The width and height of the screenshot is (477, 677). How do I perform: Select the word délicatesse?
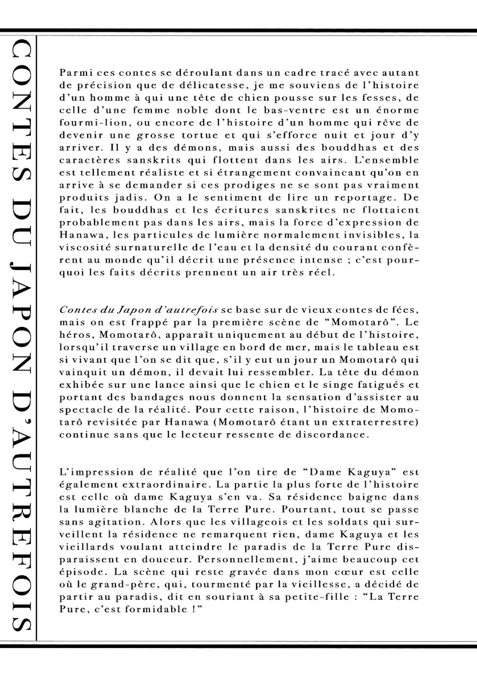214,85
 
